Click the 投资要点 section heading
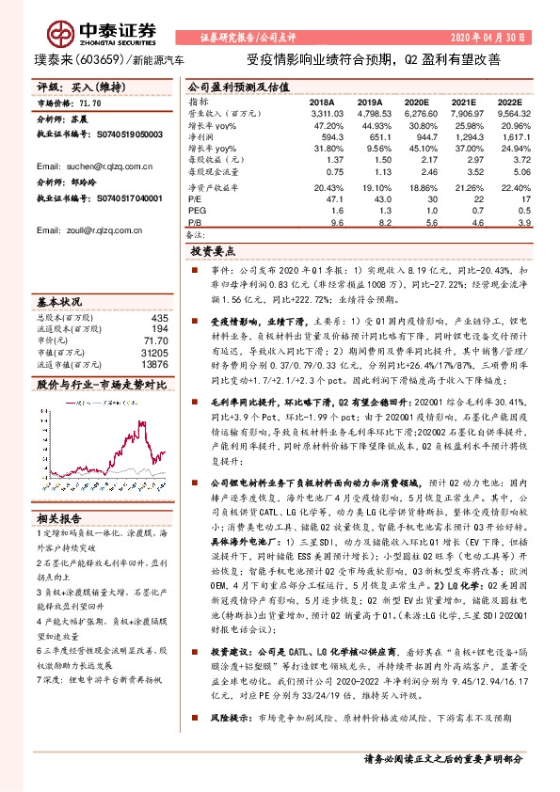click(214, 253)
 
